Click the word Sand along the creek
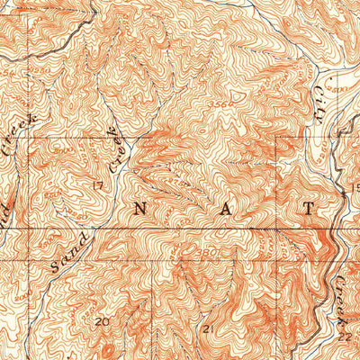67,252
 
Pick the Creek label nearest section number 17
115,150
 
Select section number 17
96,186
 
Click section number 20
102,319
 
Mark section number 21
209,329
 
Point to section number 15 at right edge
355,186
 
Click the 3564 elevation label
212,105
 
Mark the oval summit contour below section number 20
108,346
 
